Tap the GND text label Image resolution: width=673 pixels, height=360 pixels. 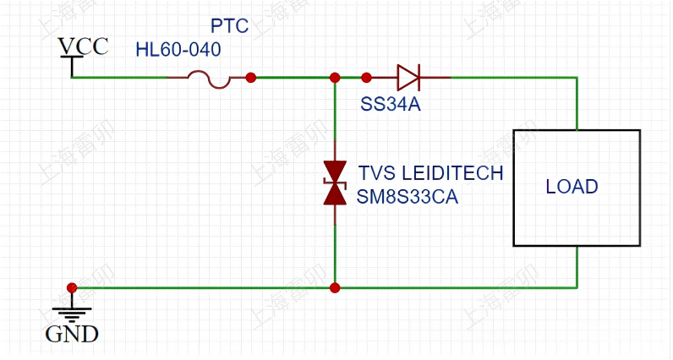click(72, 334)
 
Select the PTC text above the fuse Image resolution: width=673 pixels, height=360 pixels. click(229, 26)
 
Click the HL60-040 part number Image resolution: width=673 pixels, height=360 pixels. click(178, 50)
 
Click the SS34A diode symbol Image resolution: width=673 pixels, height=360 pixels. click(408, 78)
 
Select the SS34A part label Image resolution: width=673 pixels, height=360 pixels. click(391, 105)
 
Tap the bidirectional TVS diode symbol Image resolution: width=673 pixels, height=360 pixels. click(336, 183)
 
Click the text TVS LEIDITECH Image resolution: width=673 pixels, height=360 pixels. click(430, 173)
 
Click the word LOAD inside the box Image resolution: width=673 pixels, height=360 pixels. click(572, 187)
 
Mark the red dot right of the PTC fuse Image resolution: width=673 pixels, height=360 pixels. click(251, 78)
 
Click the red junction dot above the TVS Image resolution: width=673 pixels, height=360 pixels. click(336, 78)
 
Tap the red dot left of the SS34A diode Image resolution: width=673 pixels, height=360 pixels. click(366, 78)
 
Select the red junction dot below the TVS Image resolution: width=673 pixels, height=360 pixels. click(336, 288)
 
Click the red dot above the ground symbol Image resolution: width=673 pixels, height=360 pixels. click(72, 288)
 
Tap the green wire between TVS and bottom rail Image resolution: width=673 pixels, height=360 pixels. click(336, 254)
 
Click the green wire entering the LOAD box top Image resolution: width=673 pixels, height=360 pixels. click(577, 106)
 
